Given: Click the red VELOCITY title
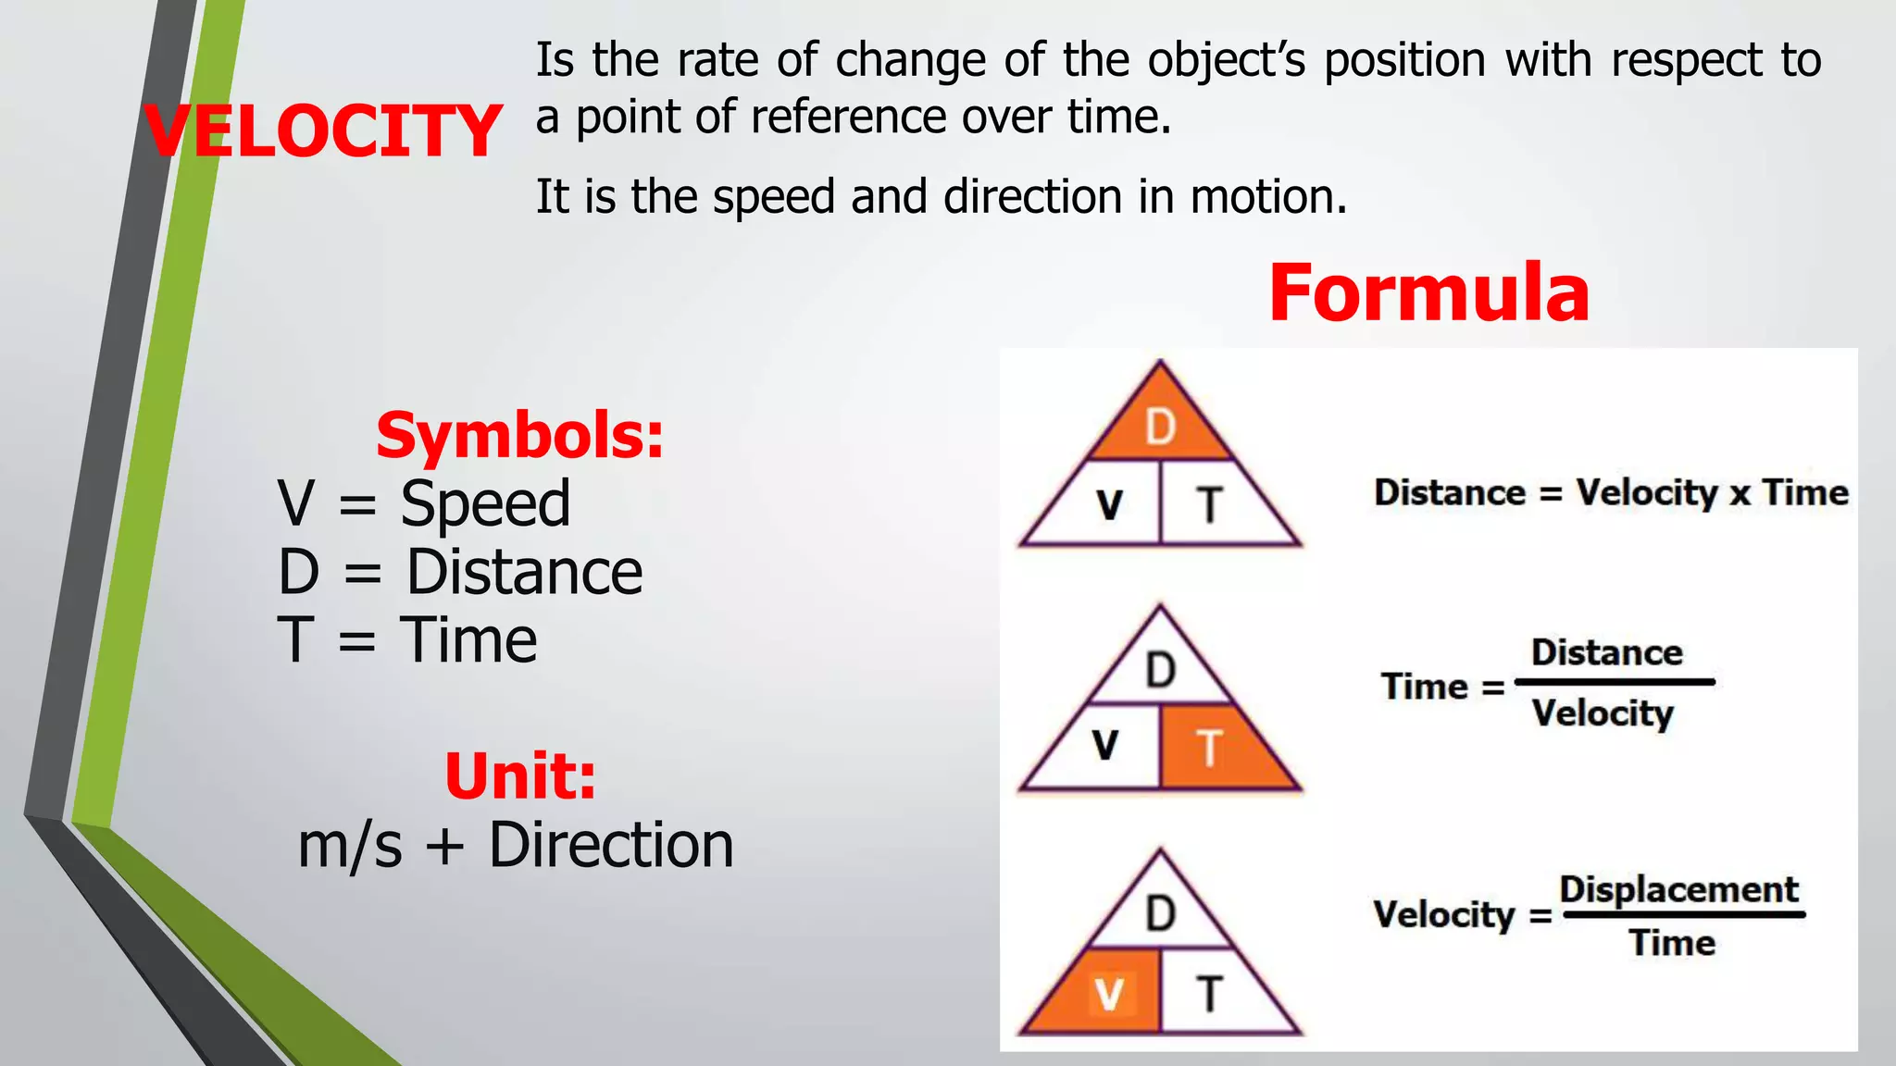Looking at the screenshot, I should [x=322, y=130].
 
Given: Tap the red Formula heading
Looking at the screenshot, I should [x=1428, y=292].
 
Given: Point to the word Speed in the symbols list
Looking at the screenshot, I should [x=485, y=504].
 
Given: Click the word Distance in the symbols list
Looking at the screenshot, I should [x=524, y=572].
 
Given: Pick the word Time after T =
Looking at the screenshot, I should [x=468, y=640].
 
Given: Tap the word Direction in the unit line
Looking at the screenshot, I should [x=611, y=845].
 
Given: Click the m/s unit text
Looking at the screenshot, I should [x=350, y=845].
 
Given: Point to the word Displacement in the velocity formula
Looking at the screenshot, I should [x=1678, y=889].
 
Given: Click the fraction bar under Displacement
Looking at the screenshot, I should [x=1684, y=915].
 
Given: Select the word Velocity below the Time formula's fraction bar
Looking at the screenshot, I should [x=1603, y=713].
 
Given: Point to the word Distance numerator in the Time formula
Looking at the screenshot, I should [x=1606, y=652].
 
